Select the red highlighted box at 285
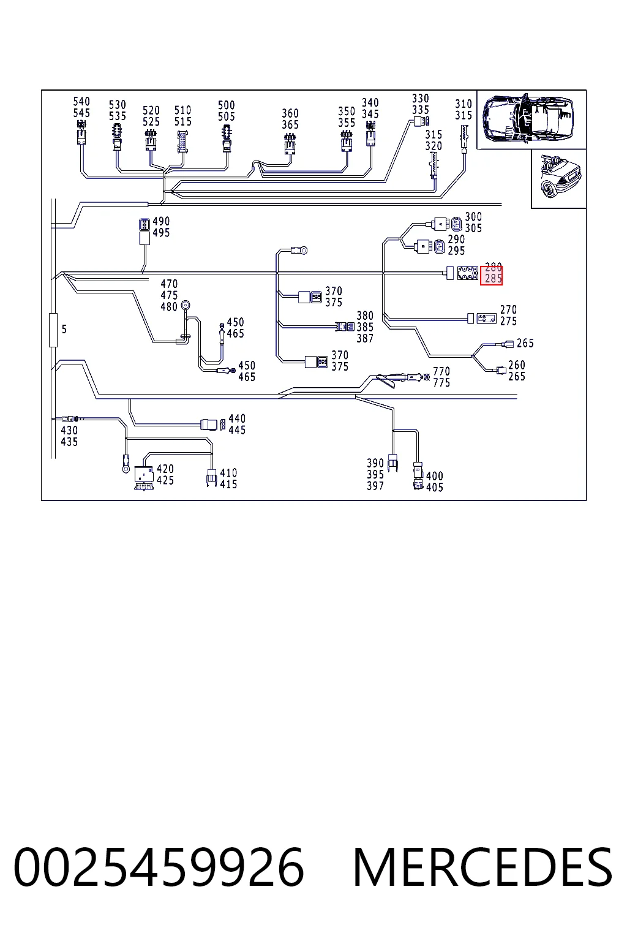pyautogui.click(x=491, y=276)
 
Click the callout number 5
pyautogui.click(x=64, y=330)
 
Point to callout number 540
pyautogui.click(x=81, y=102)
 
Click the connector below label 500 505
pyautogui.click(x=227, y=138)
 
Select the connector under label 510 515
pyautogui.click(x=182, y=142)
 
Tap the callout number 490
pyautogui.click(x=161, y=221)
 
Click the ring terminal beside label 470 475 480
pyautogui.click(x=185, y=305)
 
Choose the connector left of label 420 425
pyautogui.click(x=144, y=478)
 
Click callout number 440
pyautogui.click(x=238, y=419)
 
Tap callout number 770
pyautogui.click(x=441, y=371)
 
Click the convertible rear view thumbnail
pyautogui.click(x=559, y=178)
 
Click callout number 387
pyautogui.click(x=365, y=339)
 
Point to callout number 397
pyautogui.click(x=375, y=486)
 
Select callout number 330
pyautogui.click(x=421, y=99)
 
